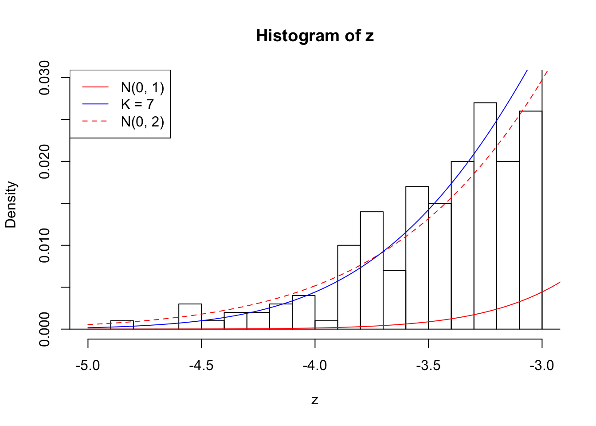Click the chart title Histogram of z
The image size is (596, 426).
(315, 36)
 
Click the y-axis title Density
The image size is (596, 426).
(11, 205)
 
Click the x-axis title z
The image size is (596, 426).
(315, 400)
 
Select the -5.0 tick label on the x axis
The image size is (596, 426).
(88, 366)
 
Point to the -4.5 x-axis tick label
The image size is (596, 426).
(201, 366)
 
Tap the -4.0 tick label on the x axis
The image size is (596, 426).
(315, 366)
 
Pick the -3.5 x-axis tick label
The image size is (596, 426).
(428, 366)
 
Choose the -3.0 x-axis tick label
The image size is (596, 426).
(542, 366)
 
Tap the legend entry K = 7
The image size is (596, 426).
(137, 104)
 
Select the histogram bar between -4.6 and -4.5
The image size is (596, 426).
(190, 316)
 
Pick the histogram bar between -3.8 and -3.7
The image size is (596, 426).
(372, 270)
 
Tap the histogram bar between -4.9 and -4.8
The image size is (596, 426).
(122, 325)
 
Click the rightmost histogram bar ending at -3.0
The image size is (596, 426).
(530, 220)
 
